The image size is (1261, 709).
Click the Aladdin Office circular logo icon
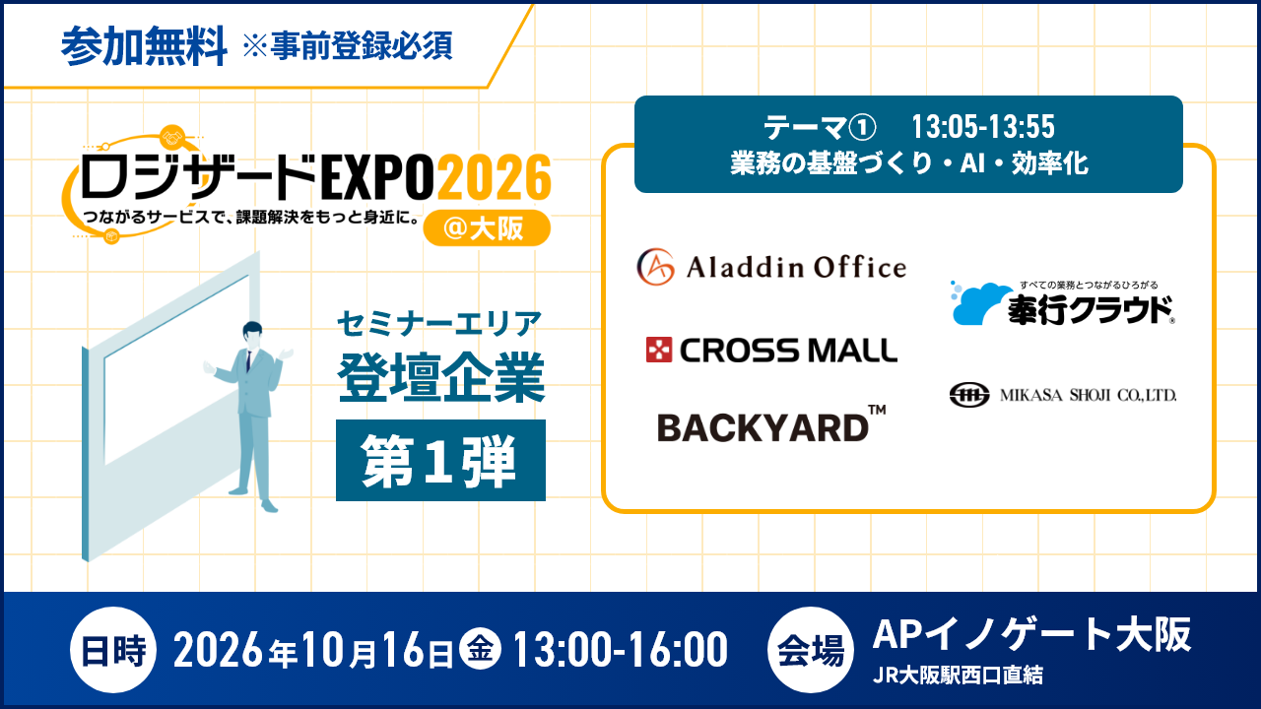655,267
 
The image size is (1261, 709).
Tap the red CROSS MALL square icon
659,350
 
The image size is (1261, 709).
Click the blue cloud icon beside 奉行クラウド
980,303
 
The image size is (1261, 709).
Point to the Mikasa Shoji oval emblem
968,395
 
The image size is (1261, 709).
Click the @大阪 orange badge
487,227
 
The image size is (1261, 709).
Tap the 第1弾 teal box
440,460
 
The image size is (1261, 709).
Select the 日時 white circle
113,650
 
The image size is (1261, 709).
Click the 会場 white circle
811,650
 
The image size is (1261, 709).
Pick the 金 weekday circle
480,649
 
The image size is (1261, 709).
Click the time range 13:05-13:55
983,127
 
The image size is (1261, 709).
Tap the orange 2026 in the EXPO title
495,177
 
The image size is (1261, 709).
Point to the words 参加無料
144,46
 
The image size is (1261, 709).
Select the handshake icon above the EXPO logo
172,137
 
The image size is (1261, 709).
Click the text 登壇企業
440,377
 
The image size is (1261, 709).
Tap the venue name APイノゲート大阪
1031,634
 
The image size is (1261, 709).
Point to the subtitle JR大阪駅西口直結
958,676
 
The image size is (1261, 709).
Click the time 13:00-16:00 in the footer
621,650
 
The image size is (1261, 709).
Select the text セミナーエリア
439,324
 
